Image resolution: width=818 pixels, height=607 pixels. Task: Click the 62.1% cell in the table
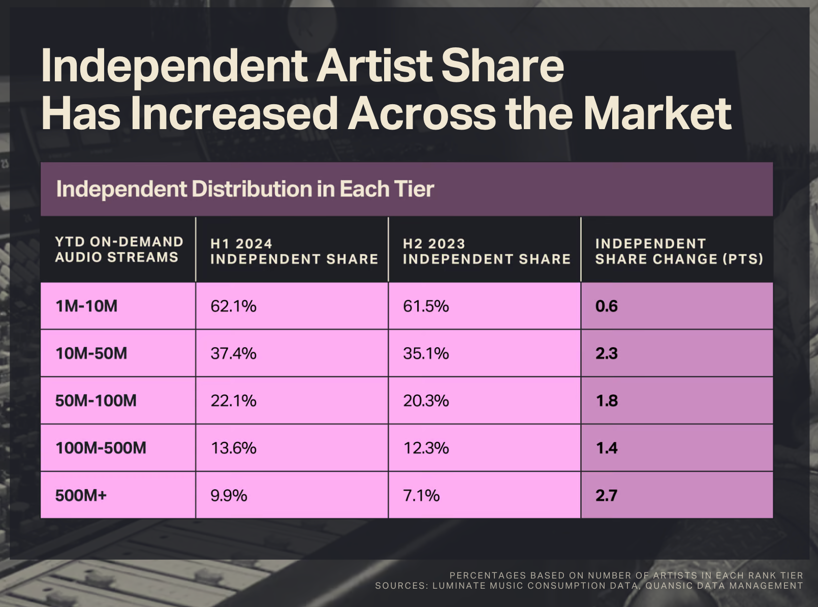coord(233,306)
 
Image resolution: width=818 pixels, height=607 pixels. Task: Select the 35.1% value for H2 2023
coord(426,353)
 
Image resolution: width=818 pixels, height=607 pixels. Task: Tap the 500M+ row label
coord(81,495)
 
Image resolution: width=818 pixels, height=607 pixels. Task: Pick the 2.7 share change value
coord(606,495)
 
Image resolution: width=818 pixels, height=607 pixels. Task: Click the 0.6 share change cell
coord(606,306)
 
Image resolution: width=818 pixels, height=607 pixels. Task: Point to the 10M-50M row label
coord(91,353)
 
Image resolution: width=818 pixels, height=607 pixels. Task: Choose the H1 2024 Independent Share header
coord(294,251)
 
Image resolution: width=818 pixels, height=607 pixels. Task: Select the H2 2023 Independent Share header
coord(486,251)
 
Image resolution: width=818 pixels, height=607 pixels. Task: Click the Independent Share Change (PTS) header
coord(679,251)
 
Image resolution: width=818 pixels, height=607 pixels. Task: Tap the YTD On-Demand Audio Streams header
coord(119,249)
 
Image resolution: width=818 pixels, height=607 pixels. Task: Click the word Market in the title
coord(657,113)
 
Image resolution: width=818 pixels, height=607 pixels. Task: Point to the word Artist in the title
coord(375,66)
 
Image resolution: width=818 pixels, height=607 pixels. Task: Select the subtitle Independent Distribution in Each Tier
coord(245,189)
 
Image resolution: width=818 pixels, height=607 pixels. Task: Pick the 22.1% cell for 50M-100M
coord(233,401)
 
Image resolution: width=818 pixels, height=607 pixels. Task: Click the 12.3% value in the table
coord(426,448)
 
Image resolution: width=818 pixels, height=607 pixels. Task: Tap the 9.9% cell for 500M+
coord(229,495)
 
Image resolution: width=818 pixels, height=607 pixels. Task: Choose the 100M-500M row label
coord(101,448)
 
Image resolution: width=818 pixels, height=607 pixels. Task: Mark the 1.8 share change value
coord(606,401)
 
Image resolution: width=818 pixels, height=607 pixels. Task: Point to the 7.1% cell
coord(421,495)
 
